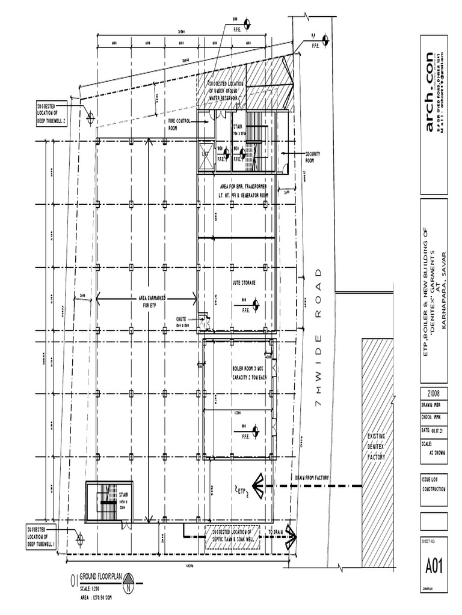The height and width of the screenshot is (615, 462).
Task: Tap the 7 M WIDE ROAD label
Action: [318, 348]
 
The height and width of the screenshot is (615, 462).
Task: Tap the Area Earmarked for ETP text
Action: [149, 301]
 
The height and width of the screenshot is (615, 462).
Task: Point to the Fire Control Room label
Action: [180, 124]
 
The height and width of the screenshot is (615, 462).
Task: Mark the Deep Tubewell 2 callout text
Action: [51, 113]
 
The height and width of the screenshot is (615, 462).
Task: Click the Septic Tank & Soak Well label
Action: [232, 536]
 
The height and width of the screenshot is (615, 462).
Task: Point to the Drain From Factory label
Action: [312, 477]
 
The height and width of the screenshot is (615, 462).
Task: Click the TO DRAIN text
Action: [276, 532]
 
